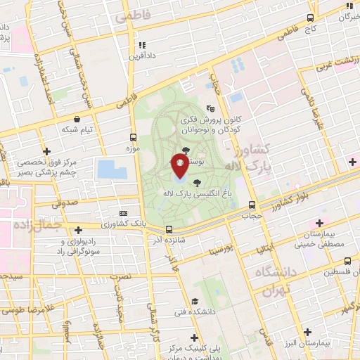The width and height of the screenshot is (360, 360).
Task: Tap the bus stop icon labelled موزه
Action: pos(134,137)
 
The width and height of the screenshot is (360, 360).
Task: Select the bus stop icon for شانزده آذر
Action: pos(169,229)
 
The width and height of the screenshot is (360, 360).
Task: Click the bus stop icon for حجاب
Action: pos(252,205)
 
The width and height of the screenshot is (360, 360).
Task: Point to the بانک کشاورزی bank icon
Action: pos(124,214)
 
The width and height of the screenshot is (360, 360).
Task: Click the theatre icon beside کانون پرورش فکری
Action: pos(209,108)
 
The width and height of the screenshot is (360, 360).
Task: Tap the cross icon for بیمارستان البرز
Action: pos(307,331)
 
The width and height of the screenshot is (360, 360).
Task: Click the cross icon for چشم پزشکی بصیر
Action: pos(46,151)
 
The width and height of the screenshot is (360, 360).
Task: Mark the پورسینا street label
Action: pos(219,250)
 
